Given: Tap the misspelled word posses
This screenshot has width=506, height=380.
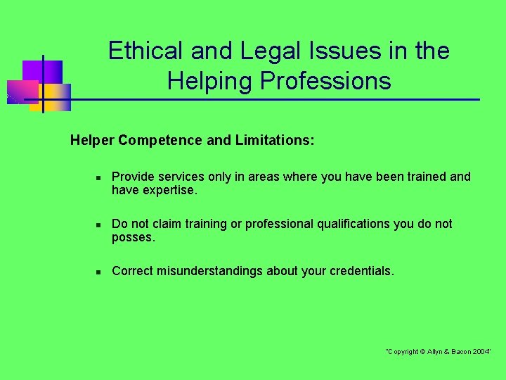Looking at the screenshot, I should tap(132, 238).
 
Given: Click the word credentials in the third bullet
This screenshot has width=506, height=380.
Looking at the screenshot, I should tap(360, 271).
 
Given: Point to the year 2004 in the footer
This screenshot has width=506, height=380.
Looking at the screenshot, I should tap(481, 351).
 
